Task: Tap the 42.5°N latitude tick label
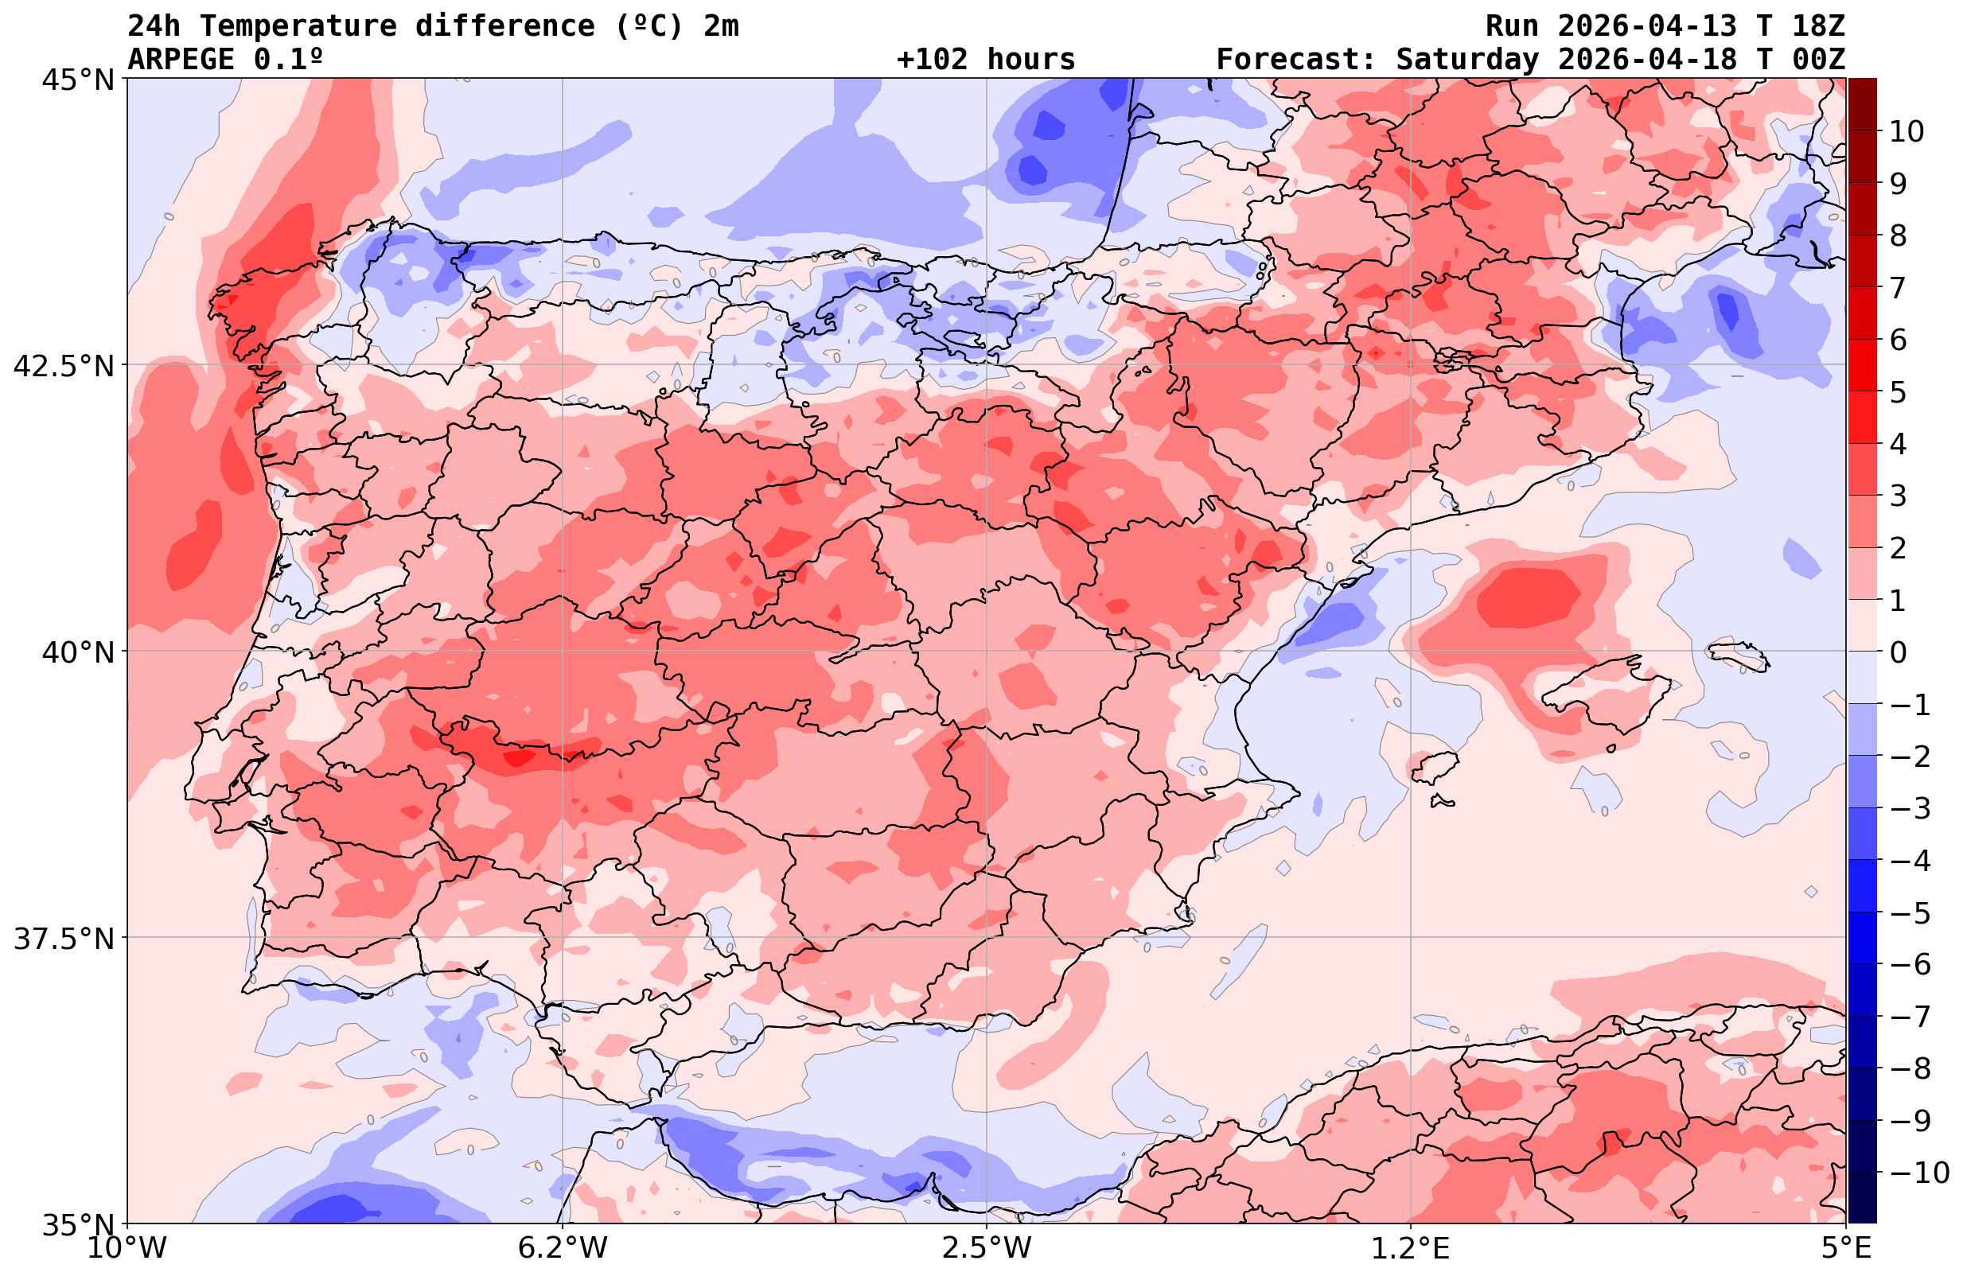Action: (64, 365)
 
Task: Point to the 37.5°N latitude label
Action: (64, 939)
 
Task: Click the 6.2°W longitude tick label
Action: (563, 1248)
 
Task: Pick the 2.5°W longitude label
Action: (987, 1248)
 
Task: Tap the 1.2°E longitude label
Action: (1411, 1248)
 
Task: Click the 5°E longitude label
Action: (1845, 1248)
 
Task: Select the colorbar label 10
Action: (1907, 131)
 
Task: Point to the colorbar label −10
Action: (1918, 1172)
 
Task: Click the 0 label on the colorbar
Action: (1898, 652)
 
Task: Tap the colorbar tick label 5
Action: (1898, 392)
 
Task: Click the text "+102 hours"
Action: (986, 60)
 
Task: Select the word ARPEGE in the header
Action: (181, 60)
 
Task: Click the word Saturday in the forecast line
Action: (1467, 60)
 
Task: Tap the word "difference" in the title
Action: (504, 26)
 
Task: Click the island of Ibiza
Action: (1435, 767)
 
